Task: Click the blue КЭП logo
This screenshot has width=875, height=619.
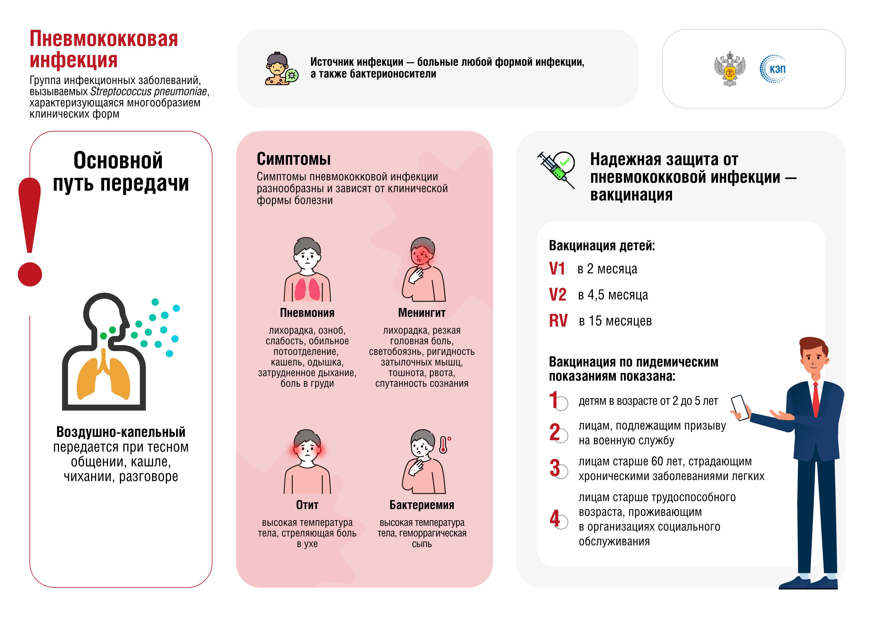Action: pos(773,69)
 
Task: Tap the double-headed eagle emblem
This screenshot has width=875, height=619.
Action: pos(729,69)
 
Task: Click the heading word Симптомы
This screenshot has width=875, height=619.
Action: pos(293,159)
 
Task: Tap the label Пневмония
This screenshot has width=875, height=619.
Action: pos(307,313)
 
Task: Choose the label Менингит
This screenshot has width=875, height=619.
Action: pos(422,313)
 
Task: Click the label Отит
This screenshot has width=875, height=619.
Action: pos(307,505)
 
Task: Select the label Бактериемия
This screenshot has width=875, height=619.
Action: pos(422,505)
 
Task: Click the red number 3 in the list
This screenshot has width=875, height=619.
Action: pos(555,468)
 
